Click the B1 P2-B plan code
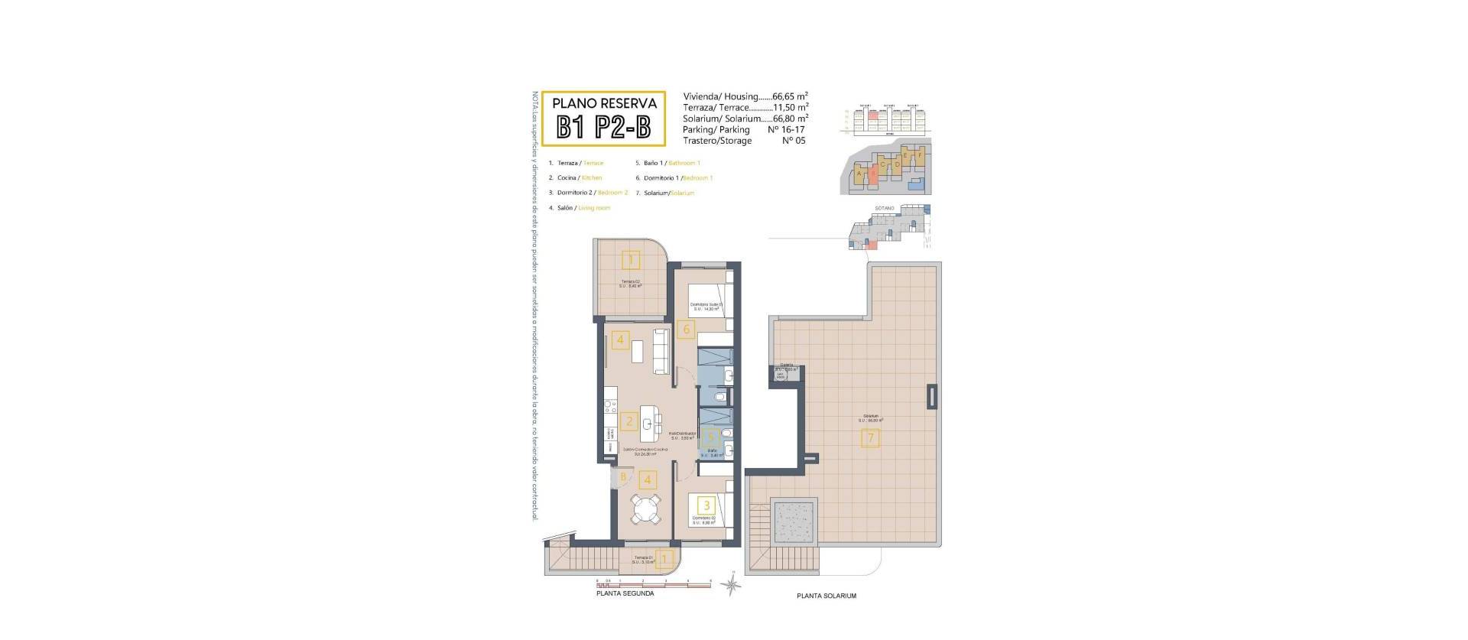pos(603,126)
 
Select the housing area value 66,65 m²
pos(790,97)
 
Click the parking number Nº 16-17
pos(787,130)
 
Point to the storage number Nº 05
pos(794,141)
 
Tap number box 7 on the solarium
pos(870,439)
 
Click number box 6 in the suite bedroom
pos(686,330)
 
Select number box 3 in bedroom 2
pos(706,505)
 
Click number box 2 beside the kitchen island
pos(629,421)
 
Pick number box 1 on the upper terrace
pos(631,261)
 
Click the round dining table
pos(648,509)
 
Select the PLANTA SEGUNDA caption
pos(625,593)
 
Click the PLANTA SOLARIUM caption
pos(826,596)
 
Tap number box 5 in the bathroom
pos(711,437)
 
